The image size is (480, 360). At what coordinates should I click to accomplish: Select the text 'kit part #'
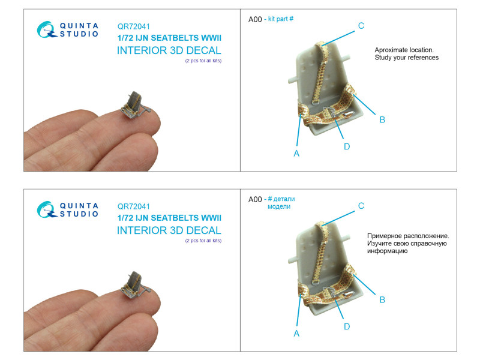point(281,19)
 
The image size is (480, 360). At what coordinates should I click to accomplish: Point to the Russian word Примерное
point(384,236)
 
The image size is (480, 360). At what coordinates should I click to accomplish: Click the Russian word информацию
point(387,251)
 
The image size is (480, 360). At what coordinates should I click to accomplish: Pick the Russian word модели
point(279,206)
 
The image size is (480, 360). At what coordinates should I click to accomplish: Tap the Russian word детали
point(284,199)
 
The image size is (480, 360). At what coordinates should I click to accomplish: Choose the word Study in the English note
point(383,58)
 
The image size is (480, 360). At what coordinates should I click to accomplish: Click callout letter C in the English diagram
point(361,26)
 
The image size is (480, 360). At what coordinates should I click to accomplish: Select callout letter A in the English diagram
point(296,154)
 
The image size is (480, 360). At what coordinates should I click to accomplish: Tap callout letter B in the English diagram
point(382,119)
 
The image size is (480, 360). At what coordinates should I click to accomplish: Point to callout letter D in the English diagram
point(347,146)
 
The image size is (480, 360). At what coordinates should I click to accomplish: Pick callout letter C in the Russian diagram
point(361,206)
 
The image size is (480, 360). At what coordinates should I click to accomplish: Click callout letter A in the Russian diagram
point(296,334)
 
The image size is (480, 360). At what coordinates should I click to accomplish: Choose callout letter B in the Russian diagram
point(382,299)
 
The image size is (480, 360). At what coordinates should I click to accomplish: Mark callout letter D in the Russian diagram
point(347,326)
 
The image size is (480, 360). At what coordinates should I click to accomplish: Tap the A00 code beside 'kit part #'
point(255,19)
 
